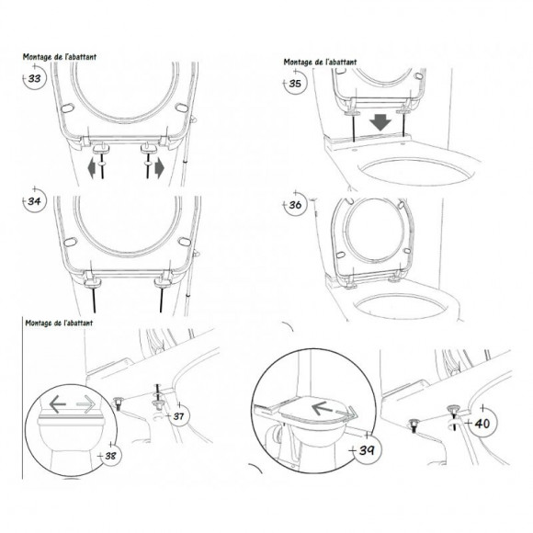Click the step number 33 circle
pyautogui.click(x=34, y=78)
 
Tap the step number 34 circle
pyautogui.click(x=34, y=201)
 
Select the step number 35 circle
pyautogui.click(x=295, y=83)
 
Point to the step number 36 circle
pyautogui.click(x=295, y=205)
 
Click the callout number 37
pyautogui.click(x=178, y=415)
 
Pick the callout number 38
pyautogui.click(x=110, y=456)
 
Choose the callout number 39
pyautogui.click(x=367, y=450)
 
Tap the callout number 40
pyautogui.click(x=482, y=424)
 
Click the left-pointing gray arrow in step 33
pyautogui.click(x=92, y=169)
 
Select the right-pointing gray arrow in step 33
pyautogui.click(x=159, y=169)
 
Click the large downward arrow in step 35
pyautogui.click(x=380, y=122)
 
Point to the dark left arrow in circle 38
pyautogui.click(x=58, y=403)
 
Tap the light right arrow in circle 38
pyautogui.click(x=85, y=403)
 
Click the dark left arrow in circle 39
pyautogui.click(x=322, y=408)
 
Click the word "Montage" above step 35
pyautogui.click(x=299, y=62)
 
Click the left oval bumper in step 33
pyautogui.click(x=67, y=108)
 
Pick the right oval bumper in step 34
pyautogui.click(x=185, y=242)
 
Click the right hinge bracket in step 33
pyautogui.click(x=149, y=148)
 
